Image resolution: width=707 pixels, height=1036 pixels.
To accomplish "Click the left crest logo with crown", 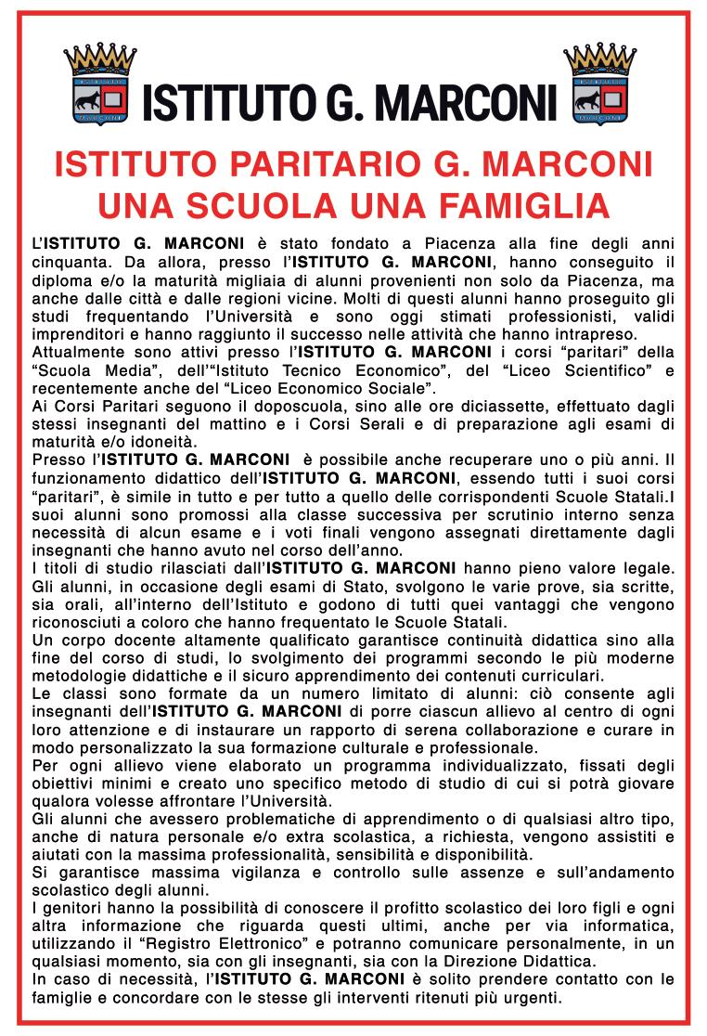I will [x=99, y=85].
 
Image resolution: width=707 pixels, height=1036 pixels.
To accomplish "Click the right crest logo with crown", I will [x=599, y=85].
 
